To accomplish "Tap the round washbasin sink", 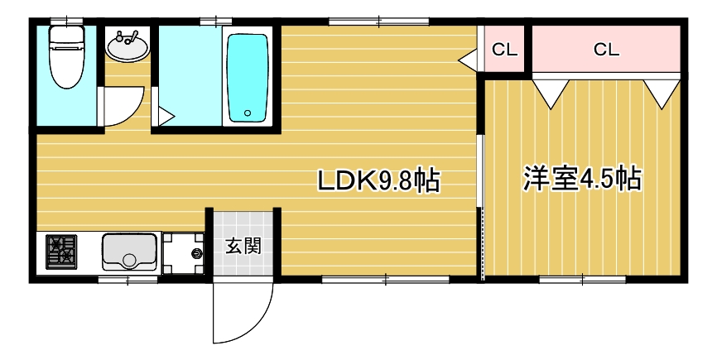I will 128,47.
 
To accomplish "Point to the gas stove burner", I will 60,252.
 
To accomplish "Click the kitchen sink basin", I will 129,251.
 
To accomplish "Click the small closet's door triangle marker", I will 468,60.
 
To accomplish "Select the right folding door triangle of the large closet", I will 662,91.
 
